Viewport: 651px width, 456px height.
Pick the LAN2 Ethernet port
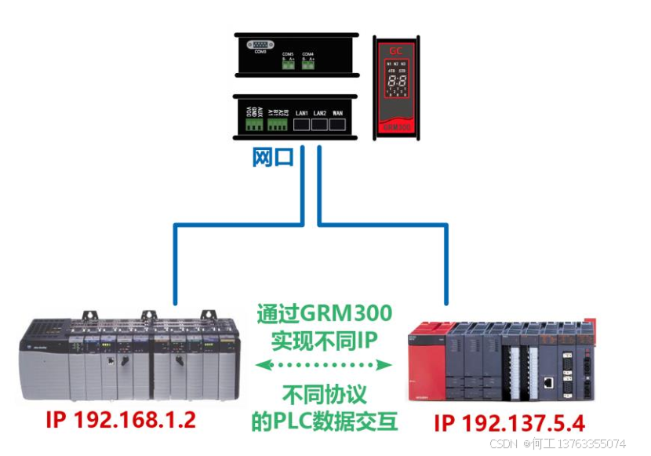tap(320, 125)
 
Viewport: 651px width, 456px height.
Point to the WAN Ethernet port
tap(338, 125)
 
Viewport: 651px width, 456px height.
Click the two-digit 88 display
tap(395, 81)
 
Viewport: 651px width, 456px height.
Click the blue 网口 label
tap(274, 157)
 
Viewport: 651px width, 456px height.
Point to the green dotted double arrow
tap(324, 364)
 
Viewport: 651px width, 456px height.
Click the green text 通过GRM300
tap(324, 314)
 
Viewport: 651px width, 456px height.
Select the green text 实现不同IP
tap(324, 341)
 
